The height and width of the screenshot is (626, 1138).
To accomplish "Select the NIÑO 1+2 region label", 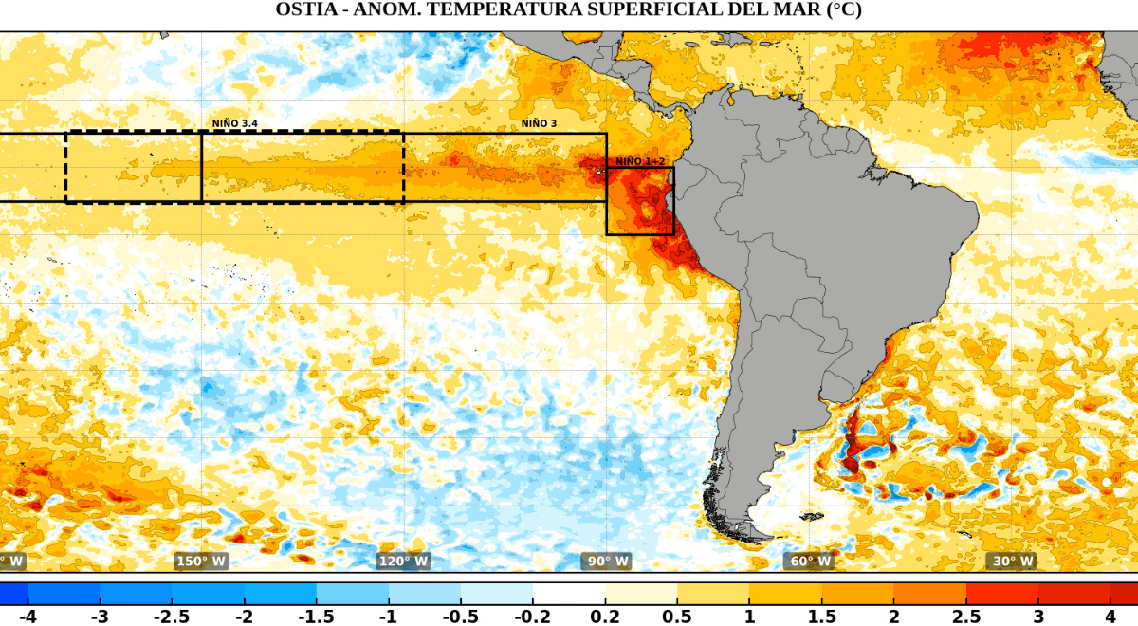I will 641,161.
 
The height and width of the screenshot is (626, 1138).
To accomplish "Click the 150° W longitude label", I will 201,561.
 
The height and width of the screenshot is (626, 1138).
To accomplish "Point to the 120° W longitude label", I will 403,561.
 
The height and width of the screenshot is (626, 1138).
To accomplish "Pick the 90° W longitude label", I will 606,561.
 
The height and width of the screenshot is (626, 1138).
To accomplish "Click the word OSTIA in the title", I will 304,10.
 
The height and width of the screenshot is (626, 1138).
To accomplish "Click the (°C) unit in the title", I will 843,10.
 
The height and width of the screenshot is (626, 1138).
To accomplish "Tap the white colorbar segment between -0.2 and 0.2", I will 569,594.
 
